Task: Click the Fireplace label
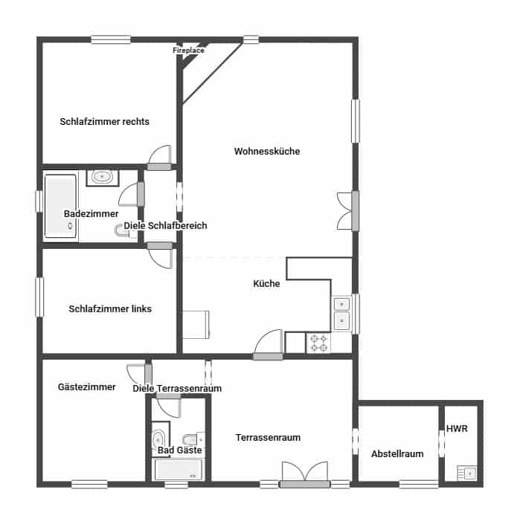pos(189,51)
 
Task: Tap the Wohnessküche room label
pos(267,152)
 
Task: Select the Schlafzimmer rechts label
pos(105,122)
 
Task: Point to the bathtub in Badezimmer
pos(60,206)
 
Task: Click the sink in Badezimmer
pos(102,177)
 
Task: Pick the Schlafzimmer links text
pos(110,308)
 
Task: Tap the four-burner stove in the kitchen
pos(319,343)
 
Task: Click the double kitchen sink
pos(341,312)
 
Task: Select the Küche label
pos(266,284)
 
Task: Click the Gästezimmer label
pos(87,387)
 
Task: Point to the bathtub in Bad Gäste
pos(178,469)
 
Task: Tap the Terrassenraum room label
pos(268,438)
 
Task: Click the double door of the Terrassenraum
pos(304,475)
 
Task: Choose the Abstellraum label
pos(397,454)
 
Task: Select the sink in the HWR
pos(467,472)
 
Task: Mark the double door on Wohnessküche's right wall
pos(346,210)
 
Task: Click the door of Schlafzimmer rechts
pos(160,157)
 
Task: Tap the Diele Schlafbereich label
pos(165,226)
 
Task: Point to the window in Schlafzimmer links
pos(40,297)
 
